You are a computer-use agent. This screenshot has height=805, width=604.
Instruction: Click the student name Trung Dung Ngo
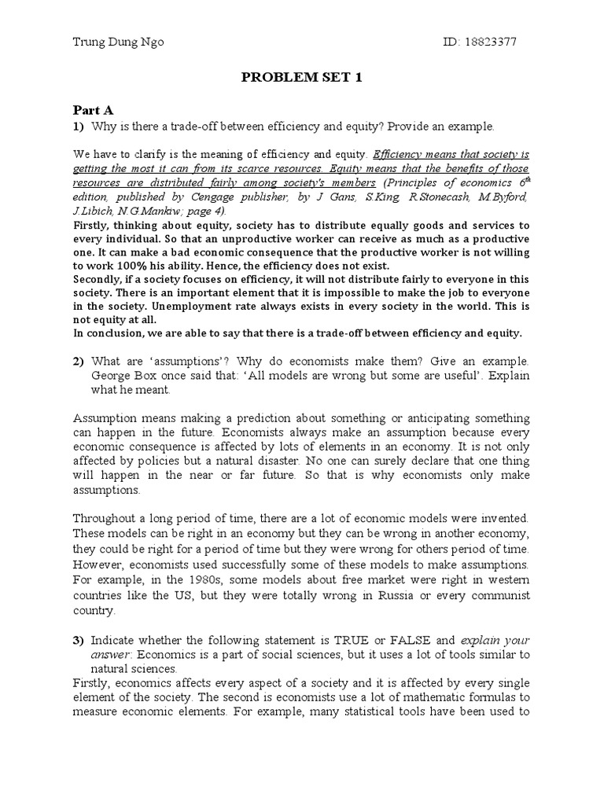coord(117,42)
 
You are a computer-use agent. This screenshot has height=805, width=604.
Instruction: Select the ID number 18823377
coord(492,42)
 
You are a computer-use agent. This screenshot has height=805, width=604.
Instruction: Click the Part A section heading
coord(94,111)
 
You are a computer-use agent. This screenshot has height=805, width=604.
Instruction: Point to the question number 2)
coord(79,362)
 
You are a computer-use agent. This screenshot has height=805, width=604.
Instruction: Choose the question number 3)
coord(79,640)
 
